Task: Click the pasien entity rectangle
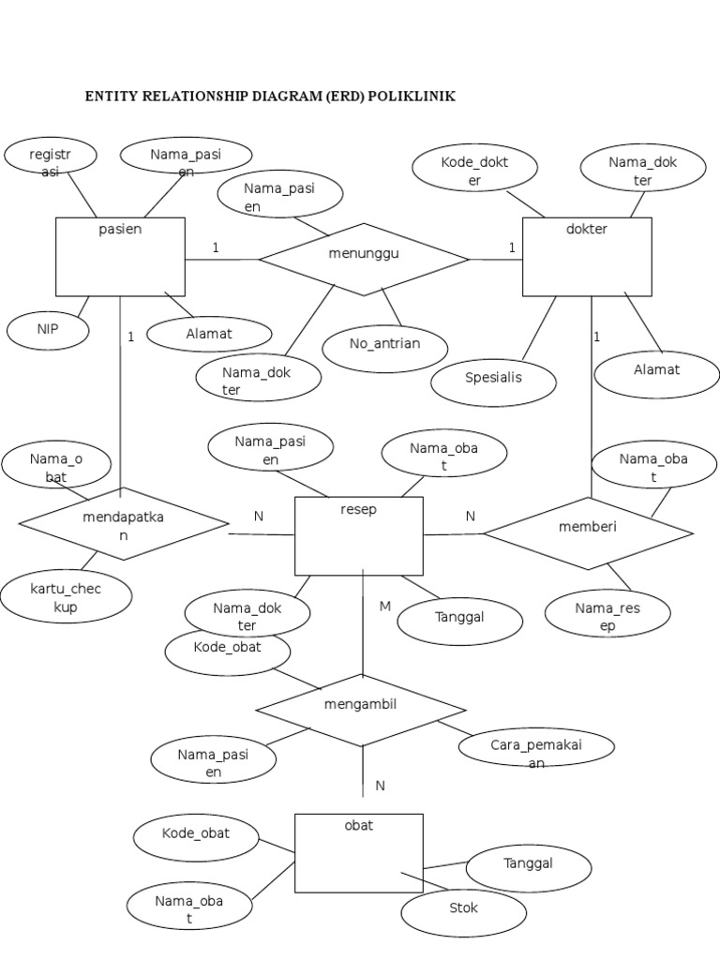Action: (x=120, y=257)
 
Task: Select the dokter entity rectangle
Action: (x=586, y=257)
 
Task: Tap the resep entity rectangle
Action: (x=359, y=535)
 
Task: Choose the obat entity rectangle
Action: (x=359, y=853)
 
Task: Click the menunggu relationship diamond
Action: (x=364, y=259)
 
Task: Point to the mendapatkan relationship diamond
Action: (x=123, y=523)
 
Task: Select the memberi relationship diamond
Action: (x=588, y=532)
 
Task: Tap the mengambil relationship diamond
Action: (x=361, y=710)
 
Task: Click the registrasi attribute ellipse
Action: (x=51, y=157)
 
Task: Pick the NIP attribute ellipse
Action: (x=48, y=330)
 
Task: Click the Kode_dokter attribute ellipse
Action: (x=474, y=170)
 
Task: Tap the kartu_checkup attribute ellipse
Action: (x=66, y=597)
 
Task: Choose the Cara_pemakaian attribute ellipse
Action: (x=536, y=748)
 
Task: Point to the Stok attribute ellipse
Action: (x=462, y=910)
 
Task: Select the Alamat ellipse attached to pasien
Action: (x=209, y=334)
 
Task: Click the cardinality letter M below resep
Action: (x=384, y=607)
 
